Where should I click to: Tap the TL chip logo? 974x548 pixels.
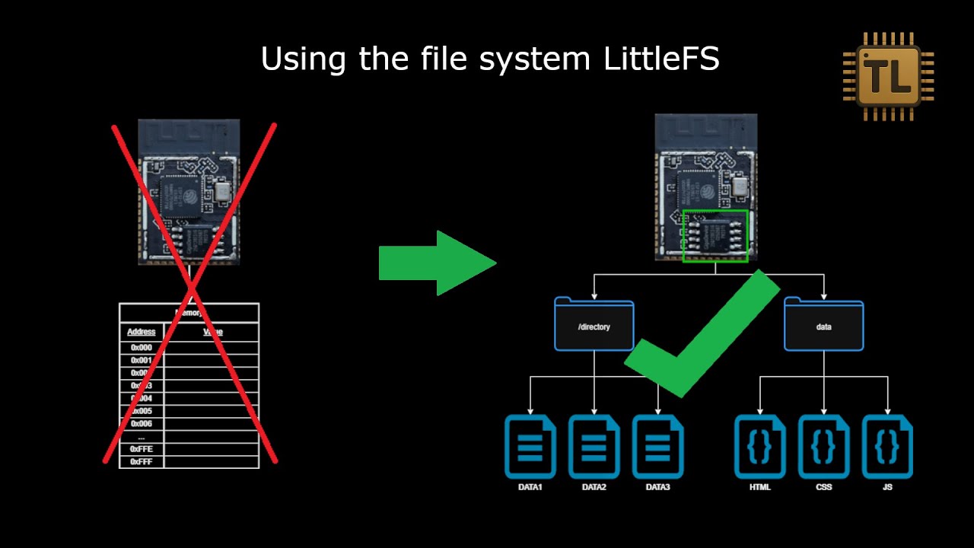tap(888, 75)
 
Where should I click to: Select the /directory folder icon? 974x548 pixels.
tap(594, 325)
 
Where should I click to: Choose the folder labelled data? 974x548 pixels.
tap(824, 325)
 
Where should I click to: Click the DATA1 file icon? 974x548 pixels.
tap(530, 447)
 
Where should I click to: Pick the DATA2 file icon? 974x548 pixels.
tap(594, 447)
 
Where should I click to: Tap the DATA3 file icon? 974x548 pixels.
tap(657, 447)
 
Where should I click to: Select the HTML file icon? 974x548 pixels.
tap(759, 447)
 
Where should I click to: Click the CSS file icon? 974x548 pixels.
tap(823, 447)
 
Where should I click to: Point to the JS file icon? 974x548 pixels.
tap(887, 447)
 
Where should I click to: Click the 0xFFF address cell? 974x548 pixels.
tap(142, 462)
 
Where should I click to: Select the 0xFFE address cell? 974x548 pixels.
tap(142, 449)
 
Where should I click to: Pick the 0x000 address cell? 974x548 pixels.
tap(142, 348)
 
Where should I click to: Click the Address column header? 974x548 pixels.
tap(142, 332)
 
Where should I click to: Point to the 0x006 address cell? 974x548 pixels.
tap(142, 424)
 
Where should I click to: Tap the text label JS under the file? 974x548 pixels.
tap(887, 487)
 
